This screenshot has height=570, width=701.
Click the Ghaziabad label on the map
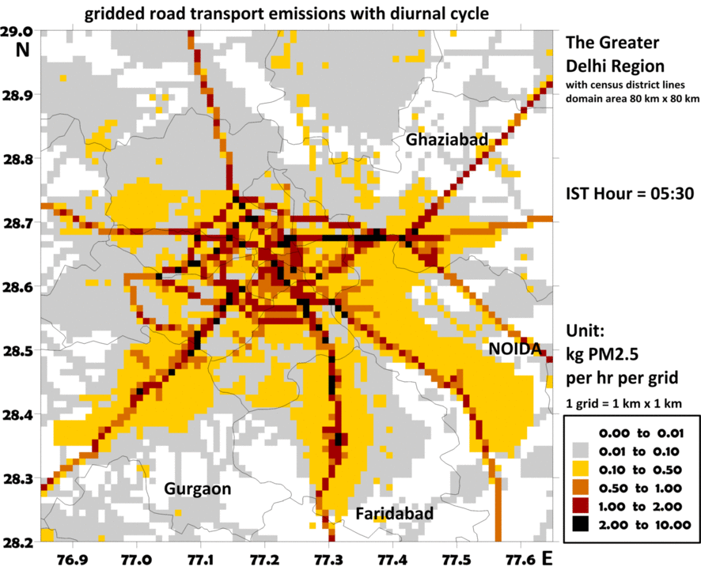tap(446, 140)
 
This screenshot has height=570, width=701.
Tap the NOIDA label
tap(514, 349)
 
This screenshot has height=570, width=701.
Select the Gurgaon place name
tap(197, 489)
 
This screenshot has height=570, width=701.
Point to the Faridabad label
tap(395, 515)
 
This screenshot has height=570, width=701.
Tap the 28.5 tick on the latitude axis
tap(20, 351)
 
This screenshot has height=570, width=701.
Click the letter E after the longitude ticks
tap(547, 558)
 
